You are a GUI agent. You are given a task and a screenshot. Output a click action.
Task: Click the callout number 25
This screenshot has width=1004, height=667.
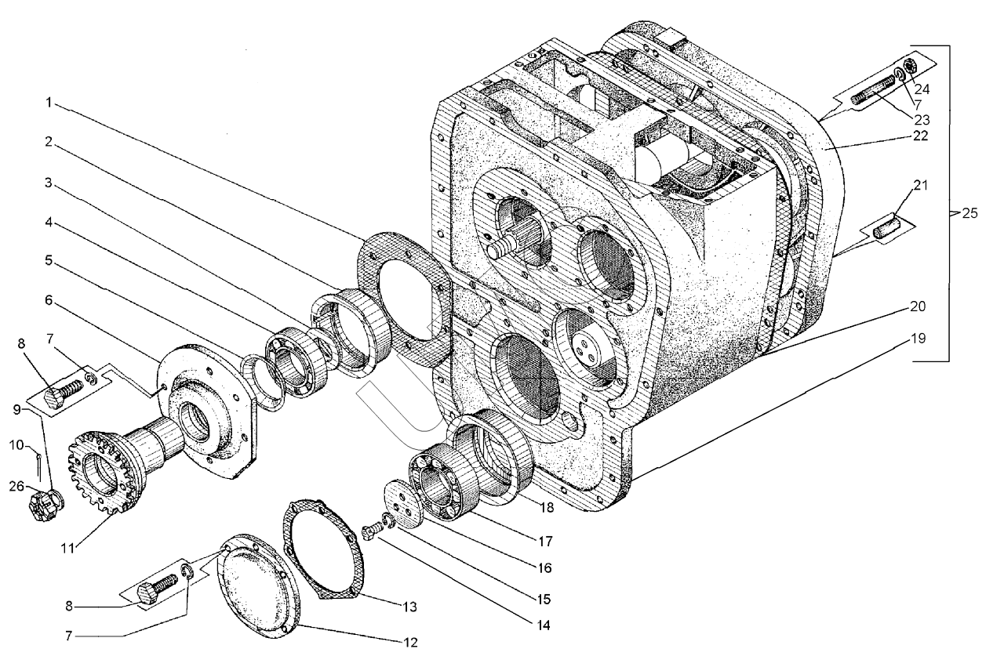point(970,213)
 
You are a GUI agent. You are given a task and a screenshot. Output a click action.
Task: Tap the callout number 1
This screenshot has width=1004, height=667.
point(49,103)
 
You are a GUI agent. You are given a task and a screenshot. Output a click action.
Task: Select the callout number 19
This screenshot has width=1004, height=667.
point(919,339)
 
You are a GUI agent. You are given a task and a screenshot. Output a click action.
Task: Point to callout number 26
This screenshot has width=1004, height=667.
point(16,486)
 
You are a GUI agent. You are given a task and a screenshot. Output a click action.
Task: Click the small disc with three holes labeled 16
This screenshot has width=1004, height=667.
point(404,504)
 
